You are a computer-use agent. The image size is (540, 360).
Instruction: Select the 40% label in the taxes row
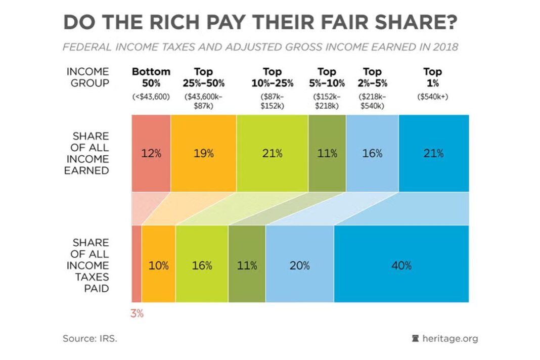pos(401,265)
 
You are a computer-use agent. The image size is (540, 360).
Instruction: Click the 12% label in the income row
pos(151,154)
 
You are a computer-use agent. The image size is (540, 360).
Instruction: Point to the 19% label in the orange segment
pos(203,154)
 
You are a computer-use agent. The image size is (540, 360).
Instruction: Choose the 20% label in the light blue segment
pos(299,265)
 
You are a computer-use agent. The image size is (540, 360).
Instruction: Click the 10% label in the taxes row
pos(158,265)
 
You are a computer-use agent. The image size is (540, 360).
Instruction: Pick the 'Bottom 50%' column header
pos(151,77)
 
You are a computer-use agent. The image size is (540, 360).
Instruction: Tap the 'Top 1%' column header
pos(432,77)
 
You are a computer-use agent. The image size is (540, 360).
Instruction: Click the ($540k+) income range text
pos(432,96)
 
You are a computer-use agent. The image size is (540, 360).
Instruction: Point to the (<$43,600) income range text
pos(151,96)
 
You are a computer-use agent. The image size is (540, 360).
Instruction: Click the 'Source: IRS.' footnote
pos(90,338)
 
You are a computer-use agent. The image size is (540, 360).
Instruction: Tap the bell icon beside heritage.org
pos(416,338)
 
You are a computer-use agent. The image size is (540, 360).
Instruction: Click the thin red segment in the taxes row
pos(137,264)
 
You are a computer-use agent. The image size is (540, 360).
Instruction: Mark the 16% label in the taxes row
pos(202,265)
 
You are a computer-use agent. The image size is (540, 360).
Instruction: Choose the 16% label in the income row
pos(372,154)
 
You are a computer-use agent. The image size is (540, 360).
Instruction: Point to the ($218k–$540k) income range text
pos(372,101)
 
